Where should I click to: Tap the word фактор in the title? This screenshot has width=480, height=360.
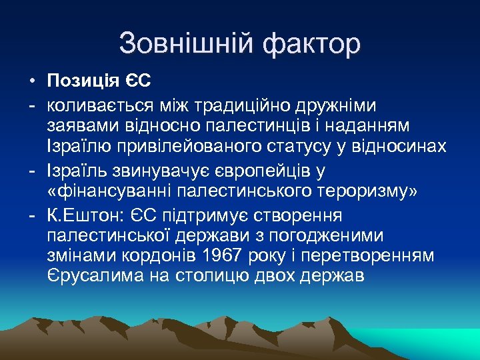click(312, 44)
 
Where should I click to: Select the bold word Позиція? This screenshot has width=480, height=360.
click(83, 81)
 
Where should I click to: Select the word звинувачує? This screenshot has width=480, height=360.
click(165, 171)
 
